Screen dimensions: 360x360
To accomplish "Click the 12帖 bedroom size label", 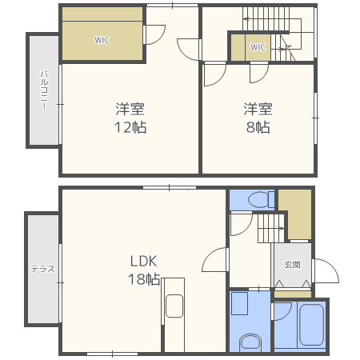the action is point(130,127).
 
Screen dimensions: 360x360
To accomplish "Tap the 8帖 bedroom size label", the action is point(258,127).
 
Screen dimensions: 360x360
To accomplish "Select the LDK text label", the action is point(143,261).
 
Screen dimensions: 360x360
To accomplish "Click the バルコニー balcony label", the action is point(44,90).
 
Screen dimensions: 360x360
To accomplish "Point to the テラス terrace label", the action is point(42,269).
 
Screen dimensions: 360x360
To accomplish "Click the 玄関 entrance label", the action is point(292,265).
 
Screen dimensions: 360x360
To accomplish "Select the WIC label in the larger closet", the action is point(102,40).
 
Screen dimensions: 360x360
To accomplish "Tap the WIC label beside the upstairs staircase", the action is point(258,47).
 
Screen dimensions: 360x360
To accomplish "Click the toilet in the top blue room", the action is point(261,199).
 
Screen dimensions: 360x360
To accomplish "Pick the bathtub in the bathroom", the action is point(311,325).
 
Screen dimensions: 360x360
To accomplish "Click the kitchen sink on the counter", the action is point(174,306).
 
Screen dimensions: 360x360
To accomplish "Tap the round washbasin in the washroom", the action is point(250,343).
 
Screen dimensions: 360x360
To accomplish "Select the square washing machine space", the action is point(239,303).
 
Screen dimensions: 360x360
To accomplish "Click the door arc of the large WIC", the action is point(160,38).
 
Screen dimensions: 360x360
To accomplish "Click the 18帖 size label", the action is point(144,279).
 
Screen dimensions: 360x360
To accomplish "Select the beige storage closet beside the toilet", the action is point(295,214).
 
